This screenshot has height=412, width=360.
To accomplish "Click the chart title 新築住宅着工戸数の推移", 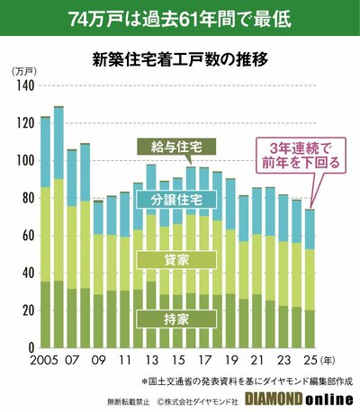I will [x=180, y=61].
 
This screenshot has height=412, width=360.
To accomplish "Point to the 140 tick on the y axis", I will [x=24, y=85].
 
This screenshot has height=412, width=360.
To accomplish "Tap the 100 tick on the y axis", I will [x=24, y=160].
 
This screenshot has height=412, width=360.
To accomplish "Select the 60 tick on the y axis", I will [x=27, y=236].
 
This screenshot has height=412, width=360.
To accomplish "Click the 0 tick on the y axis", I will [x=30, y=347].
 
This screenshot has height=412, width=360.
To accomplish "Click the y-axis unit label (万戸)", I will [x=22, y=70].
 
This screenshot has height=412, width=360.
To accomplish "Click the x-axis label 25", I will [x=310, y=360].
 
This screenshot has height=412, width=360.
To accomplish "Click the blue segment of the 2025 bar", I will [x=310, y=229].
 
